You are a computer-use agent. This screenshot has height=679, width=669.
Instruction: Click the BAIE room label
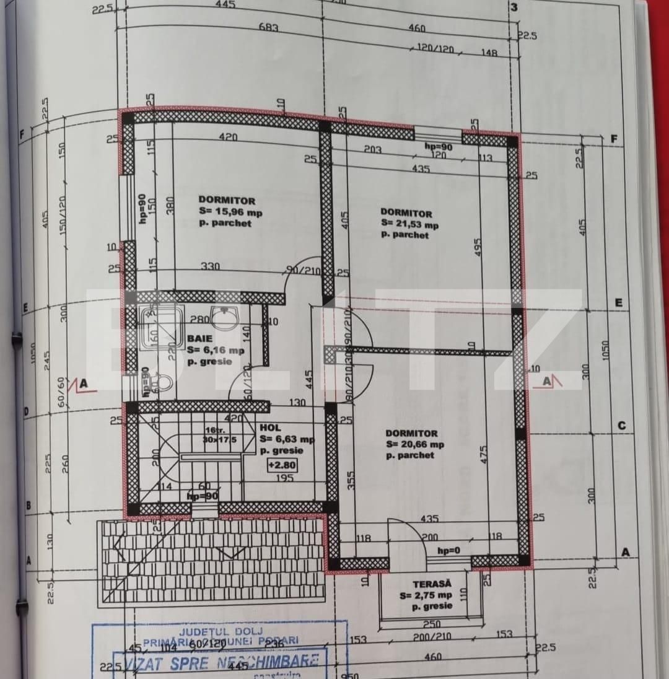click(x=199, y=339)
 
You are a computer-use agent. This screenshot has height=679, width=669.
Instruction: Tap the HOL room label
click(x=270, y=427)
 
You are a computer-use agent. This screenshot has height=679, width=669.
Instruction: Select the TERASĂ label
click(x=432, y=584)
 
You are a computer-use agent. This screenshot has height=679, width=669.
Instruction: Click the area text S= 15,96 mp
click(x=230, y=212)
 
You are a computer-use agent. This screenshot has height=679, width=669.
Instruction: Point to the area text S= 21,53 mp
click(x=409, y=224)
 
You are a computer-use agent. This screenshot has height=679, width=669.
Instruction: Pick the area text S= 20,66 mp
click(x=414, y=444)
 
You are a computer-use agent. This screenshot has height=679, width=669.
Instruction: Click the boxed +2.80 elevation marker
click(x=281, y=465)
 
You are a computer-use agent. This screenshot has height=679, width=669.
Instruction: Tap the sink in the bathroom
click(x=223, y=317)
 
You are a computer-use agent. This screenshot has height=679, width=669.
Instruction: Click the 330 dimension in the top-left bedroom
click(x=210, y=266)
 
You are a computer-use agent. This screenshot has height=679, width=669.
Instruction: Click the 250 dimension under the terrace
click(x=431, y=624)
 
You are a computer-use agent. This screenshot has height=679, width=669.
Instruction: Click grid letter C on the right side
click(x=621, y=426)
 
